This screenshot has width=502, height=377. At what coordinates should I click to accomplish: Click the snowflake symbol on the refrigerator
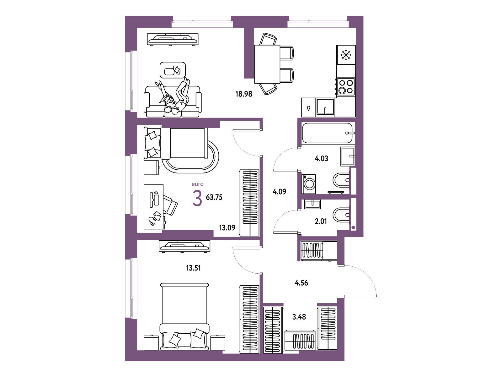click(345, 55)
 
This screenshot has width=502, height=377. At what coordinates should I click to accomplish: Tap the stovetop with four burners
click(345, 87)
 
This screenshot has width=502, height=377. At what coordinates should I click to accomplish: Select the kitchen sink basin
click(325, 107)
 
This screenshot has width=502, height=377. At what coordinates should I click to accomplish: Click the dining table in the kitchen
click(267, 64)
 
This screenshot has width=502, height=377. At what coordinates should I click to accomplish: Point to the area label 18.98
click(244, 94)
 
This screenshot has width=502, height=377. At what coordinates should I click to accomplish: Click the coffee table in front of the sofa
click(173, 70)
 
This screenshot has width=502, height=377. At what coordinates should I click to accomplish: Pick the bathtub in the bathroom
click(328, 133)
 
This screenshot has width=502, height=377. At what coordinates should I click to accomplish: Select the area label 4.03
click(321, 158)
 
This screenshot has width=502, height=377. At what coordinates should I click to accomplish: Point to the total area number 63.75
click(214, 197)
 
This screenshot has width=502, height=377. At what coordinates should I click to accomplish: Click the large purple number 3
click(197, 198)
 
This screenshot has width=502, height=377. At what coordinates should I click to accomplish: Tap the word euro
click(197, 184)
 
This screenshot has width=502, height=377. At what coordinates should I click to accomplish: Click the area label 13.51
click(193, 268)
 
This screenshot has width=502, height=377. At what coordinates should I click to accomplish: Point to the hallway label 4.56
click(302, 283)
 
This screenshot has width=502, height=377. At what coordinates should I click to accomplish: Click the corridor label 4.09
click(279, 191)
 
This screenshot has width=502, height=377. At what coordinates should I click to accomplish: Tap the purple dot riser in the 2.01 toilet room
click(353, 227)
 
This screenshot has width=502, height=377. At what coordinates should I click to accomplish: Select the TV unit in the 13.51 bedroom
click(184, 246)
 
